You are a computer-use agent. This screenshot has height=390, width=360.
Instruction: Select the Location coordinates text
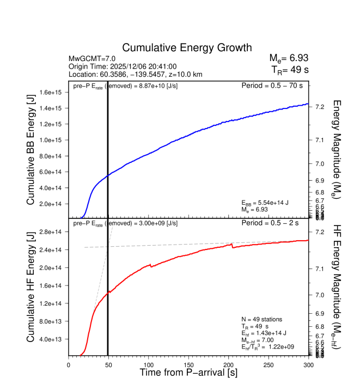(x=136, y=74)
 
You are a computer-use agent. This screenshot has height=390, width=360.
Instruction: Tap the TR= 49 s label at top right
(x=290, y=70)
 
